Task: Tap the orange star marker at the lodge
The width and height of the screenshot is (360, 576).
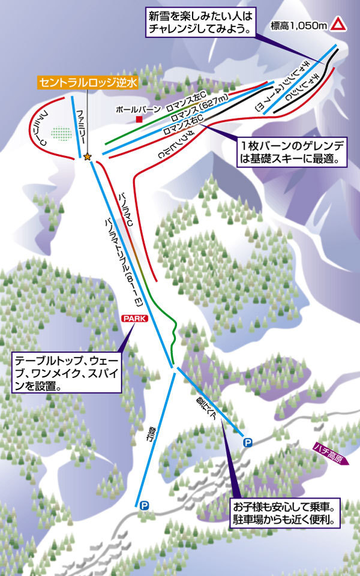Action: coord(88,157)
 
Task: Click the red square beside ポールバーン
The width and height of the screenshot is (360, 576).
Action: coord(139,119)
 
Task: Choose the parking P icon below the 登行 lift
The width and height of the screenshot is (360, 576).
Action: coord(144,506)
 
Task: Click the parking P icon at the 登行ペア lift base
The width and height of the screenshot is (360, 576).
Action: coord(247,442)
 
